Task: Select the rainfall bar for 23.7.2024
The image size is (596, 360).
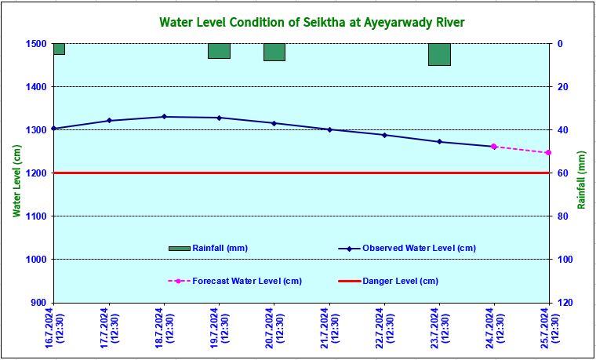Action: click(x=439, y=54)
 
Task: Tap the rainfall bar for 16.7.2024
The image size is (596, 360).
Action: click(x=59, y=49)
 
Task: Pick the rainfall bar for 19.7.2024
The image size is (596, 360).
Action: click(x=219, y=51)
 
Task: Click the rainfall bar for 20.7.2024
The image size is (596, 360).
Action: click(x=274, y=52)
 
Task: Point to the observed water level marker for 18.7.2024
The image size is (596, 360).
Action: click(x=164, y=117)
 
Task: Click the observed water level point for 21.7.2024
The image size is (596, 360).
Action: click(x=329, y=129)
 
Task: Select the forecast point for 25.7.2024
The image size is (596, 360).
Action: click(x=548, y=153)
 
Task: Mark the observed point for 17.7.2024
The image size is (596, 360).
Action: click(x=109, y=121)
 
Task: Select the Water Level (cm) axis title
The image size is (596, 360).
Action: click(x=15, y=180)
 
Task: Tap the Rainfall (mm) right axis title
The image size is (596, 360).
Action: click(x=581, y=180)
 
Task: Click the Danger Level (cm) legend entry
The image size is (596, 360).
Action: click(x=400, y=281)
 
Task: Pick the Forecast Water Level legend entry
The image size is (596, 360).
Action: click(x=247, y=281)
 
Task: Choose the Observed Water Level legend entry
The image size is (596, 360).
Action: click(x=419, y=248)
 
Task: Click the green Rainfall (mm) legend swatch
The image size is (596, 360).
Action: click(x=179, y=249)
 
